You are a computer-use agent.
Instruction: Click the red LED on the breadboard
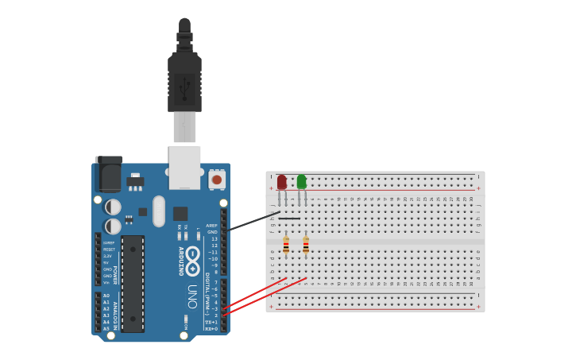282,182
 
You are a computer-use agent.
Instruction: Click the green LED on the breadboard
301,182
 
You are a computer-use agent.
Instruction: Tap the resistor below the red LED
286,245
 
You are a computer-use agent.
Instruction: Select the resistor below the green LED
306,245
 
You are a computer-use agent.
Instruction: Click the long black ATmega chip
133,283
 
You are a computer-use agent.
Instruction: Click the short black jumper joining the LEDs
289,219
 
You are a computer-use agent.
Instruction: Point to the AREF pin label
211,226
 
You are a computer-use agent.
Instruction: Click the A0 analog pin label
106,296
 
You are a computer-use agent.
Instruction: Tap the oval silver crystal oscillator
159,211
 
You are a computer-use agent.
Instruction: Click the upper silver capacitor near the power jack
114,207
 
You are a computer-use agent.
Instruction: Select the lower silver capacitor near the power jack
114,226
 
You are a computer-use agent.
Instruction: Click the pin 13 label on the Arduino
214,238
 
